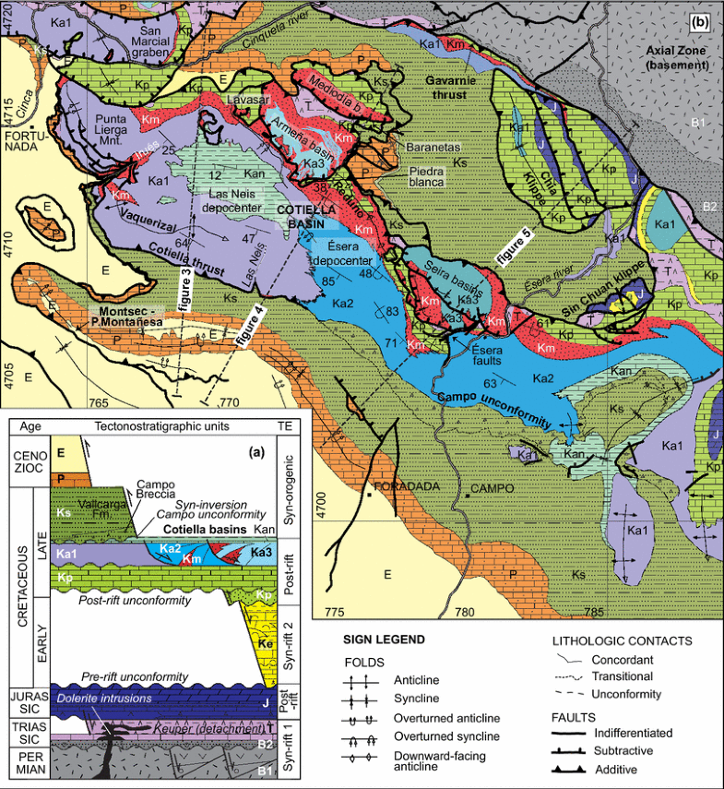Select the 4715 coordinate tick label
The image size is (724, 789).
click(8, 102)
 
